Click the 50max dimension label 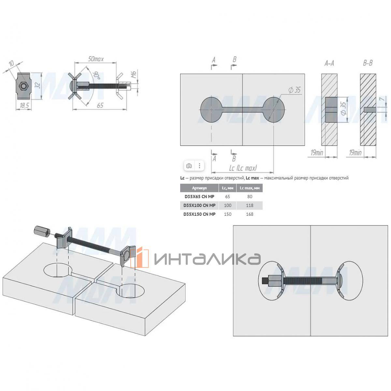[95, 59]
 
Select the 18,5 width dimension [23, 106]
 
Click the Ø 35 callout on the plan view [295, 90]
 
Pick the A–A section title [329, 64]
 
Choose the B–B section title [368, 63]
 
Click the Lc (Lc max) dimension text [243, 168]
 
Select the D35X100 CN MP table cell [199, 205]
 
